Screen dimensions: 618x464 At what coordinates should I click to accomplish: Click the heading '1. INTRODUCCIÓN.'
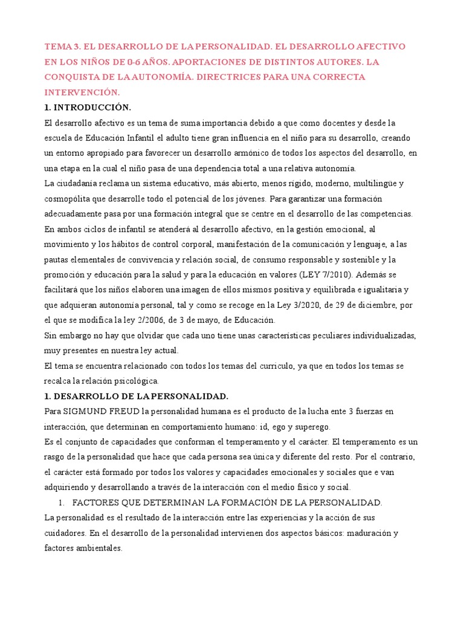[88, 107]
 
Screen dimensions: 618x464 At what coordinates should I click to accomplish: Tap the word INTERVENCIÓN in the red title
[82, 92]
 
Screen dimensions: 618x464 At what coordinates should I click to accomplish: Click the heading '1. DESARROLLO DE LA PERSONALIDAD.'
[137, 396]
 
